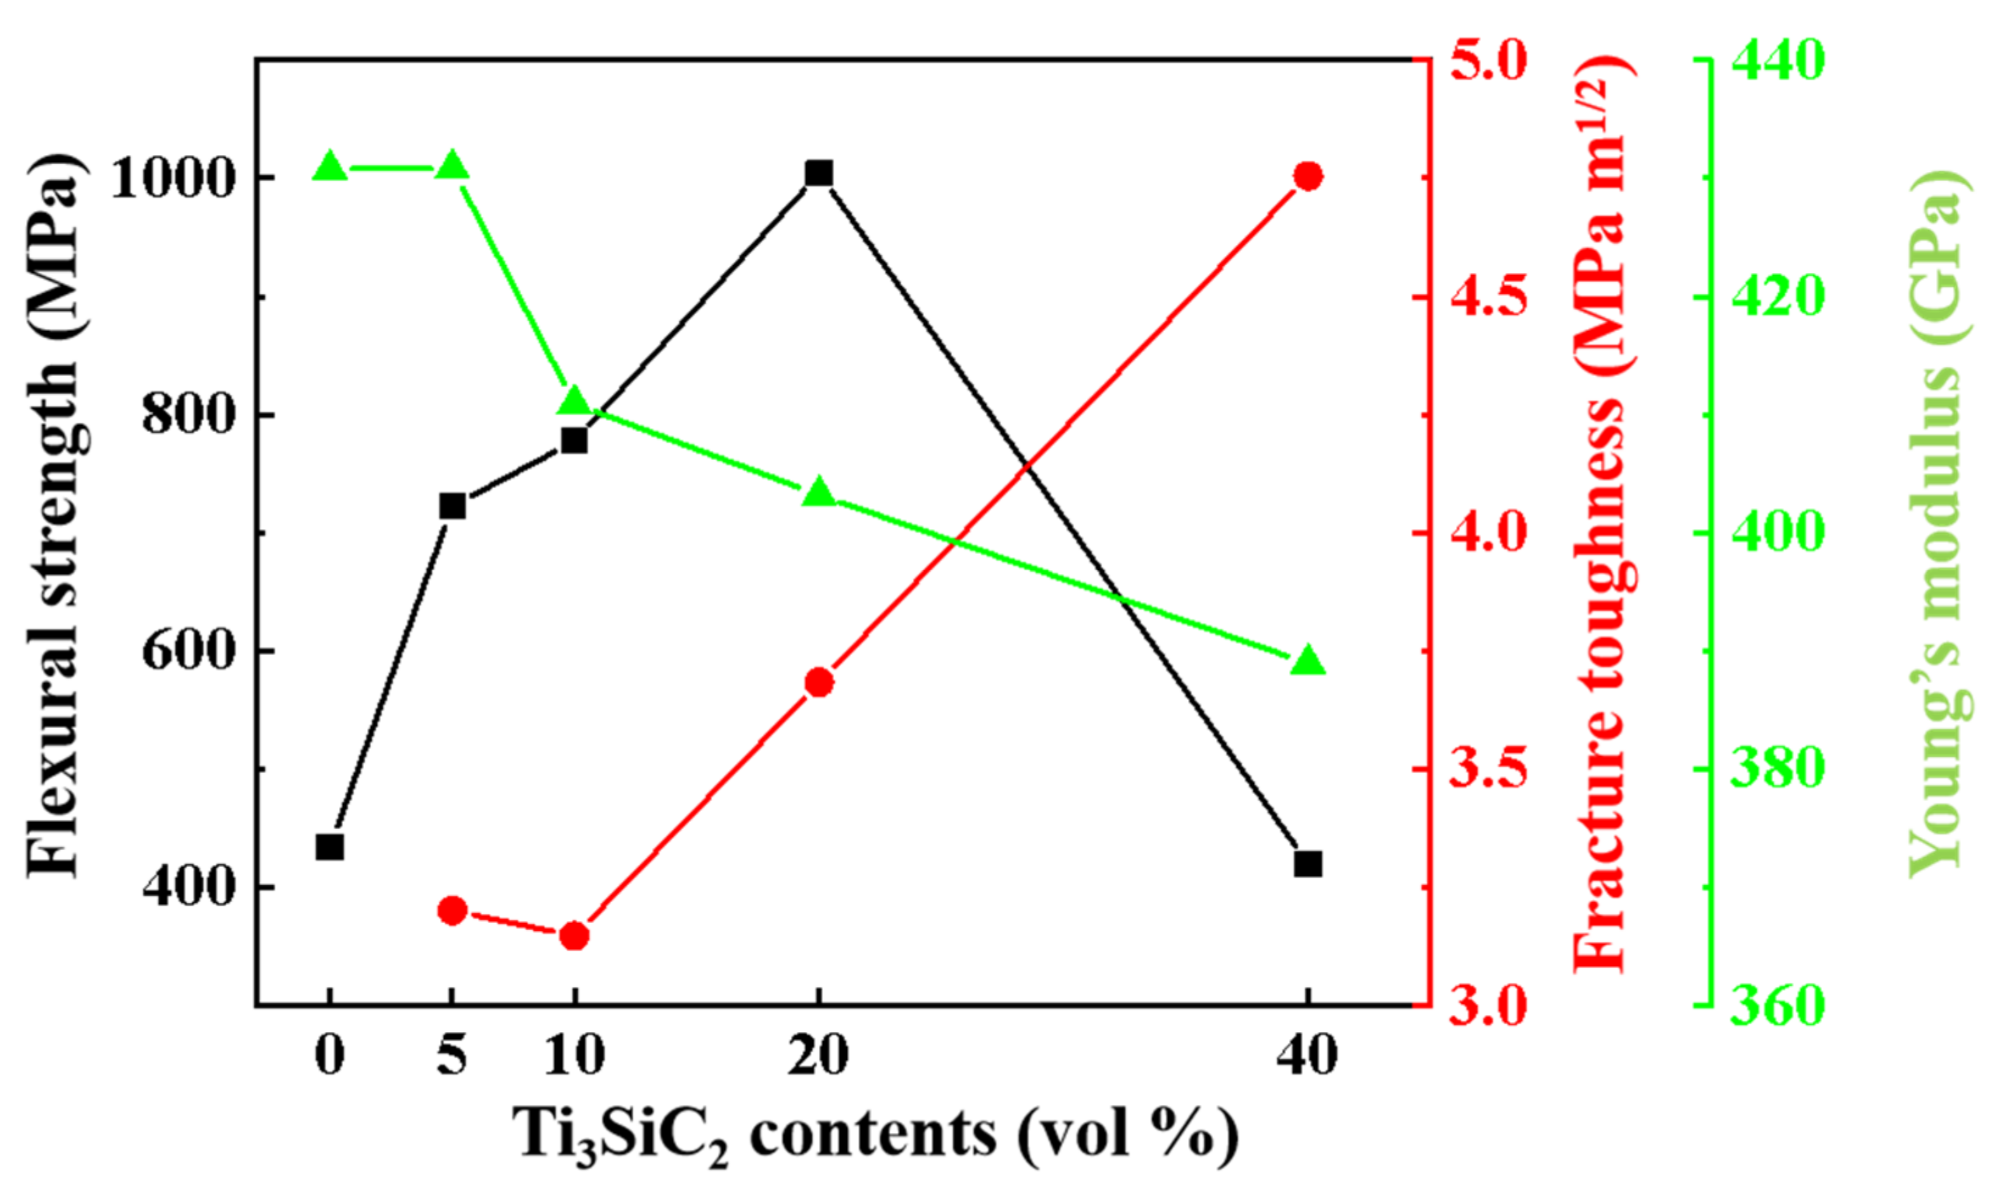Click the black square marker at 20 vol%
819,173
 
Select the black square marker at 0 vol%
330,848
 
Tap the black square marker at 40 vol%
1308,865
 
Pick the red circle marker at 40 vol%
1308,175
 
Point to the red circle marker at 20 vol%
819,683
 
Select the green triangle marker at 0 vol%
330,167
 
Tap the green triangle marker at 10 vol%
574,401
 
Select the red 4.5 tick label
1489,297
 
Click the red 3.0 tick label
1489,1006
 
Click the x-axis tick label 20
819,1054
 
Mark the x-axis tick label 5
452,1054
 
